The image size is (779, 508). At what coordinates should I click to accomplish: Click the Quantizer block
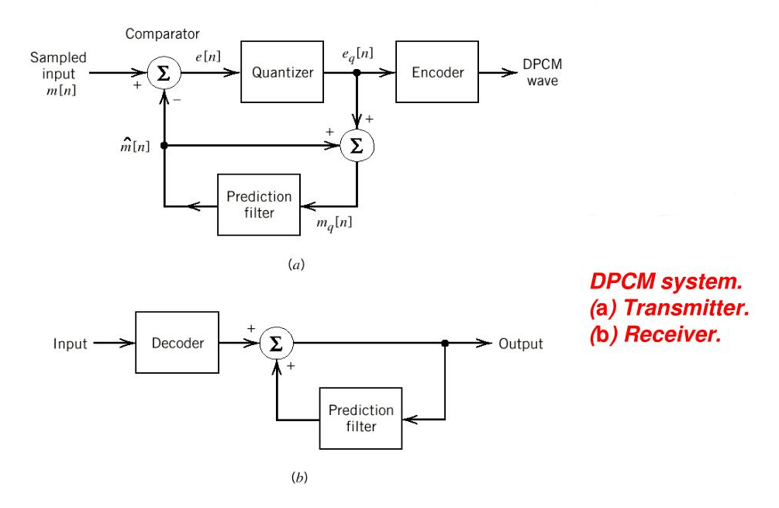(283, 73)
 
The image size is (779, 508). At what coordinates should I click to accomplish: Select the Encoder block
(437, 73)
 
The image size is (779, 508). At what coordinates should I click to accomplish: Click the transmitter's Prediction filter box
(259, 205)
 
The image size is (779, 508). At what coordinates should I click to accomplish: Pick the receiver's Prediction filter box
(360, 418)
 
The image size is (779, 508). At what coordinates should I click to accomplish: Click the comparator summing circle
(164, 74)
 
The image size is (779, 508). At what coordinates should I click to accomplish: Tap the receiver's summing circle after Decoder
(276, 344)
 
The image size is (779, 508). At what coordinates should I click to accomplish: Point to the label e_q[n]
(357, 54)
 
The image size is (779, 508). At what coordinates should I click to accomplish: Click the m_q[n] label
(335, 223)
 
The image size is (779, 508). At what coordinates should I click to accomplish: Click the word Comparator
(162, 34)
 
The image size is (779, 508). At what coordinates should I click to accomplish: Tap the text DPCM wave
(543, 73)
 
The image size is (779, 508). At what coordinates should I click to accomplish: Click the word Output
(520, 344)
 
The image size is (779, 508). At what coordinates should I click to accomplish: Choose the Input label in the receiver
(71, 344)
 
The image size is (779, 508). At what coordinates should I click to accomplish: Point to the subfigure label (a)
(297, 265)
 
